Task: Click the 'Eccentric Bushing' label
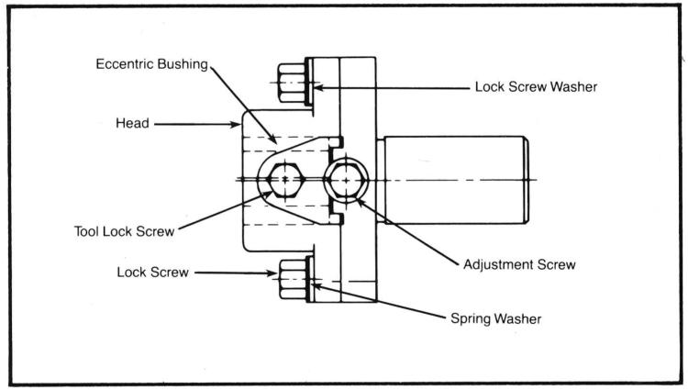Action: pos(151,64)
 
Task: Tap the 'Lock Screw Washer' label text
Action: pos(536,87)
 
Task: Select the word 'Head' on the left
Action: pos(132,123)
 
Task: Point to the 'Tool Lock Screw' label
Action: pos(125,231)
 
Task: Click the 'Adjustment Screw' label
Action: pos(519,264)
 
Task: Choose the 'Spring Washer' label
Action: pos(495,318)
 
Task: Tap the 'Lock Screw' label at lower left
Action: pos(152,273)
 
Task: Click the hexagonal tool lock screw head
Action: pos(285,180)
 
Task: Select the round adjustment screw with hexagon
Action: pos(346,180)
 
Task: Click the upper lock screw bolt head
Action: pos(292,84)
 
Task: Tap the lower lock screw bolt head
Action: pos(293,280)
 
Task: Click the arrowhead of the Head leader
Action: pos(236,125)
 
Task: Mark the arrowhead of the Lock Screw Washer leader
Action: pos(318,88)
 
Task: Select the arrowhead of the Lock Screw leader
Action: pos(272,273)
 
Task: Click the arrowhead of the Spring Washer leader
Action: pos(317,286)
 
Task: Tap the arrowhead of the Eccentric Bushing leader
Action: pos(273,139)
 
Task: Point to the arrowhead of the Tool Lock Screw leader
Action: pos(265,195)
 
